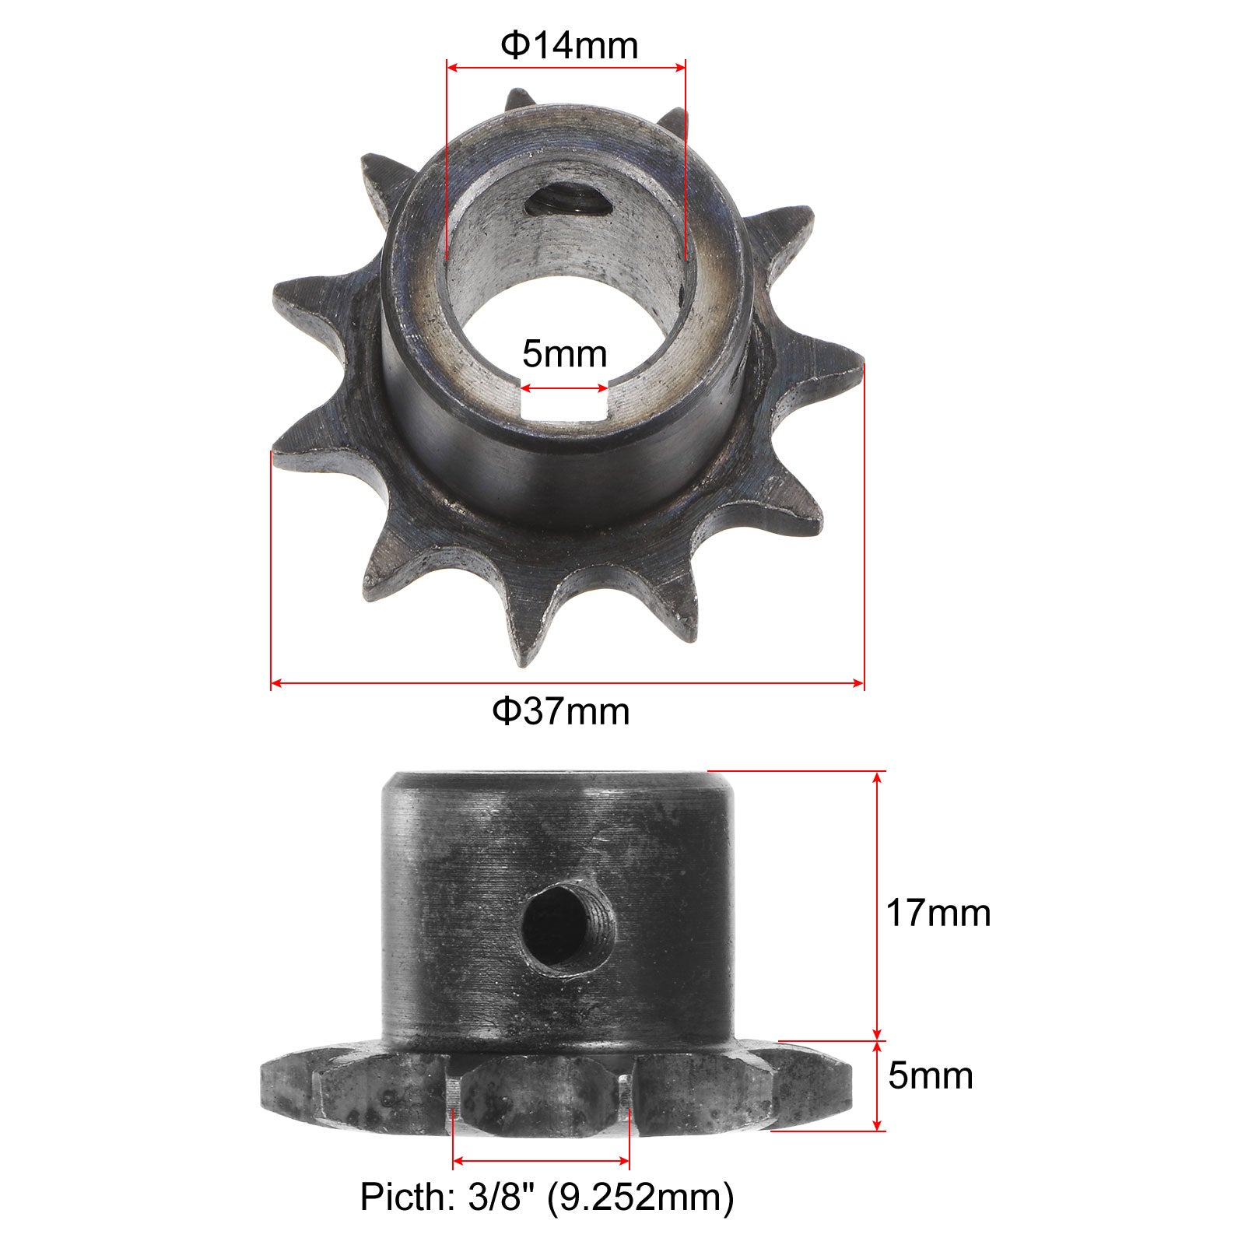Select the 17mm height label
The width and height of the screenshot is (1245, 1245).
938,913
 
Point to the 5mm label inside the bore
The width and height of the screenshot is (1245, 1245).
564,354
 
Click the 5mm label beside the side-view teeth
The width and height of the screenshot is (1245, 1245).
931,1076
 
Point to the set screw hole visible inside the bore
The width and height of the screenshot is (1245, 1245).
565,204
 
